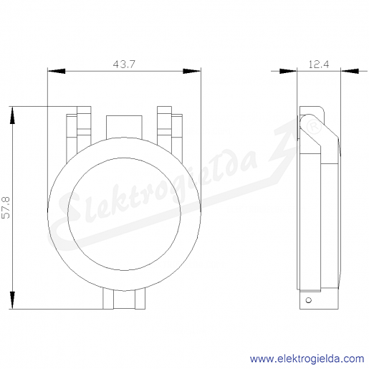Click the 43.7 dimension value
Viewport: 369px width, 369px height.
click(x=124, y=64)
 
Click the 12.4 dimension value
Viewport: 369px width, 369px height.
click(x=319, y=64)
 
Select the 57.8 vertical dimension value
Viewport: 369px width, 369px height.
click(x=6, y=208)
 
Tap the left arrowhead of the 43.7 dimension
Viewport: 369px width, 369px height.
click(x=57, y=71)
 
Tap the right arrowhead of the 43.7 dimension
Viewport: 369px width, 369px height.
click(x=192, y=71)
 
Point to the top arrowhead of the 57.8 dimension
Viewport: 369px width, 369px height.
click(x=12, y=115)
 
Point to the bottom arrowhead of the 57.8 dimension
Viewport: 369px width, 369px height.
click(x=12, y=300)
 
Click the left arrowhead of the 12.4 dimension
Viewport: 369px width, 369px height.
click(x=288, y=71)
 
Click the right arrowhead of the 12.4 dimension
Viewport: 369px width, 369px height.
click(x=350, y=71)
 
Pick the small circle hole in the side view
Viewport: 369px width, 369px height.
click(x=309, y=300)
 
